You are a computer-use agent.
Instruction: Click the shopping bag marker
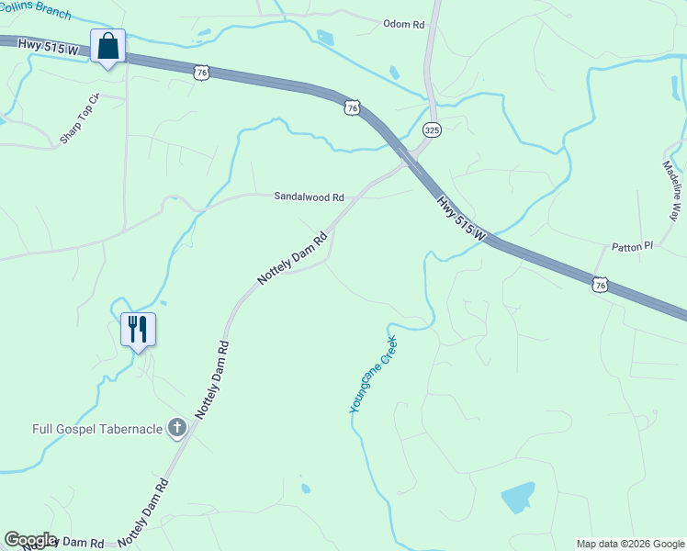108,46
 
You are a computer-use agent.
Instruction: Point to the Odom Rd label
404,24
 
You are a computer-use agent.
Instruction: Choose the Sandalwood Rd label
309,197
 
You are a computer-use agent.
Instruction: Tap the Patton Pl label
632,247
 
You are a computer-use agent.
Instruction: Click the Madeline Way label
673,190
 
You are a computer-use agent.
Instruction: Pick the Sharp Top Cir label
79,118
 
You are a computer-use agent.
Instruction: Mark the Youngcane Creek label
374,374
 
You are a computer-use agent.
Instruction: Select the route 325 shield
433,131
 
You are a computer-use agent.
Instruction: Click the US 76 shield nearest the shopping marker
202,72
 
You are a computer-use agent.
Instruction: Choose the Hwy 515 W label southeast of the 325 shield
461,218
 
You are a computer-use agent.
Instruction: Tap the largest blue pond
518,497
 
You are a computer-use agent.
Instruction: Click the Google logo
29,540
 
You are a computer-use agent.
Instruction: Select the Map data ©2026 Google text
630,544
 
